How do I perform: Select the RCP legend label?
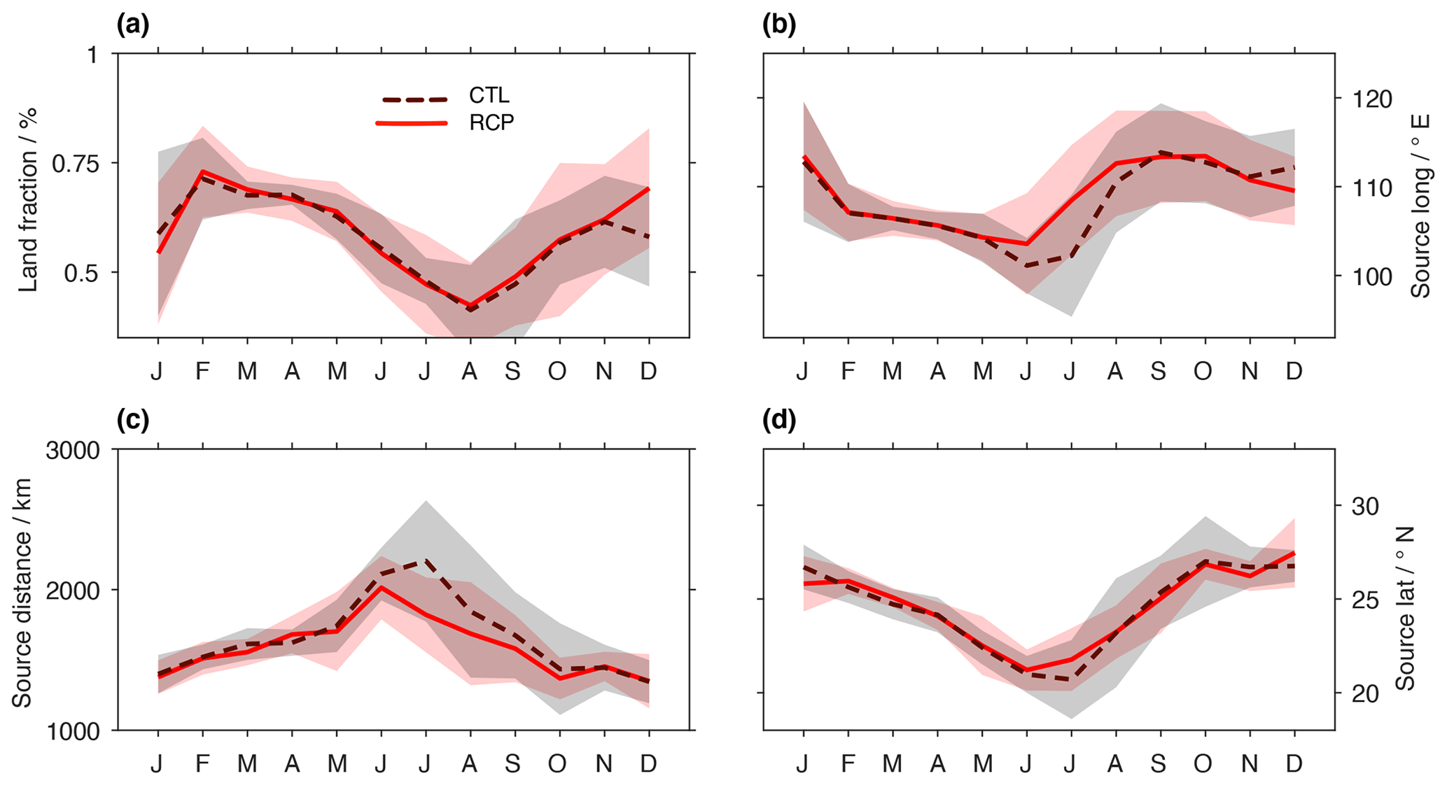point(491,123)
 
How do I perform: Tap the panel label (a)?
point(133,25)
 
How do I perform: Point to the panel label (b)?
point(778,25)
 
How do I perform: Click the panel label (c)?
point(133,420)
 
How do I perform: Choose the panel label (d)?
point(778,420)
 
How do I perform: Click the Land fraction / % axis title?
point(28,199)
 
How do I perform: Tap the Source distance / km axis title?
point(22,592)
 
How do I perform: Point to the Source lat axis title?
point(1405,609)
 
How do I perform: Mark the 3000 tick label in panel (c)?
point(73,451)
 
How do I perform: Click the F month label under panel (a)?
point(202,372)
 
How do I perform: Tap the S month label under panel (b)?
point(1159,372)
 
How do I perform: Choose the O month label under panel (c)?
point(557,764)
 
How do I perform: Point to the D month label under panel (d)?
point(1294,764)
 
